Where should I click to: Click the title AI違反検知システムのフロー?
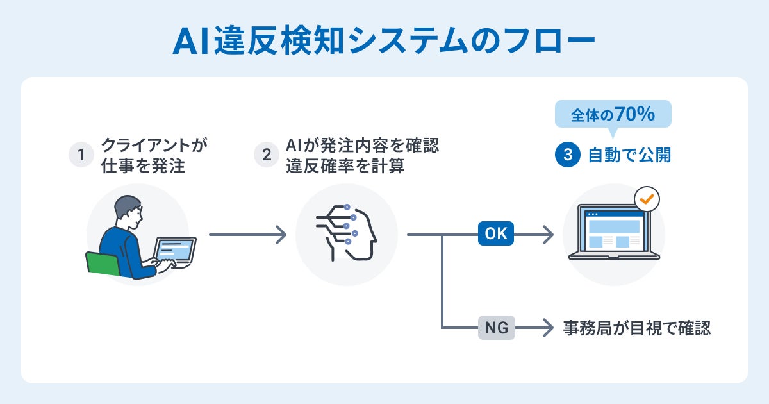coord(384,42)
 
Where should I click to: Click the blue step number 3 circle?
coord(568,155)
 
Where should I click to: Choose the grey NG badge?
coord(496,328)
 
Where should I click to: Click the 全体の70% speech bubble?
coord(613,115)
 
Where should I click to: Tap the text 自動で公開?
coord(629,155)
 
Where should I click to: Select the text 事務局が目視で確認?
coord(637,328)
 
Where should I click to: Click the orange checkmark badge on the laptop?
coord(647,199)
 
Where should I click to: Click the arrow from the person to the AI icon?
coord(247,235)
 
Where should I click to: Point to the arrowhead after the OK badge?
coord(547,235)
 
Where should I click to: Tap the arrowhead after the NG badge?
coord(547,328)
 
